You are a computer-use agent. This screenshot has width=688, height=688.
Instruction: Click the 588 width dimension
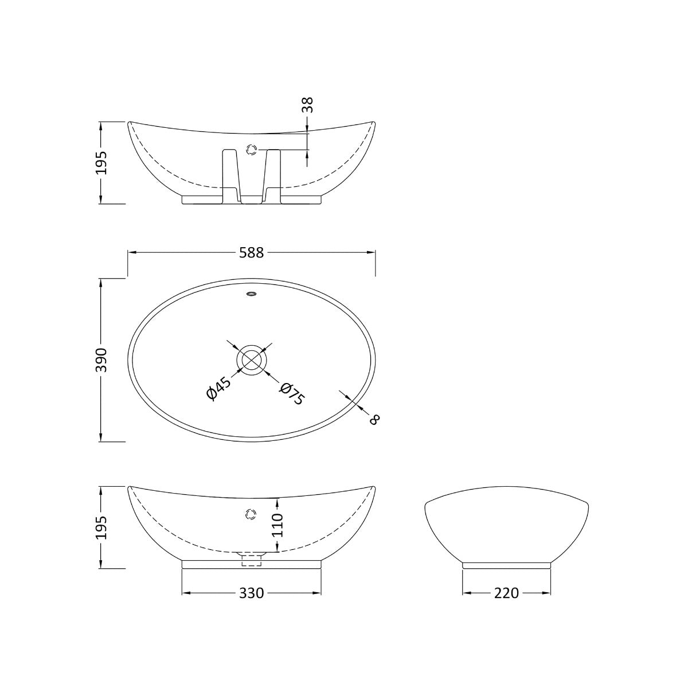point(252,252)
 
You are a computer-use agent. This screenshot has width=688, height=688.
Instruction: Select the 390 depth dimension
point(101,360)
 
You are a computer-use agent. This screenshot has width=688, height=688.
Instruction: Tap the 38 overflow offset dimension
point(308,104)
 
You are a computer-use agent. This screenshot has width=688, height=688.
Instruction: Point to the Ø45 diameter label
point(218,388)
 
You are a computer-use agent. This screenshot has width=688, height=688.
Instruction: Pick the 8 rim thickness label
point(374,419)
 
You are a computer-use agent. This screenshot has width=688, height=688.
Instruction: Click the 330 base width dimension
point(252,593)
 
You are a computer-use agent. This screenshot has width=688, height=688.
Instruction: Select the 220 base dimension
point(507,593)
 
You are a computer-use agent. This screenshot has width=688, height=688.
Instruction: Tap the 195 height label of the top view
point(101,162)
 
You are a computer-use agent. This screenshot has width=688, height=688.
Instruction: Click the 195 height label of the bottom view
point(101,527)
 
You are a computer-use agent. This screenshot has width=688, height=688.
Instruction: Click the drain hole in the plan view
point(251,359)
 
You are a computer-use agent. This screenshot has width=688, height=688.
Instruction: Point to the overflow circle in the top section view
point(251,150)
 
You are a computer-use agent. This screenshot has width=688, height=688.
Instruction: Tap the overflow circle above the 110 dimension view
point(250,514)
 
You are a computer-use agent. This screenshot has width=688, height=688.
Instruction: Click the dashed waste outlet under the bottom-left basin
point(251,560)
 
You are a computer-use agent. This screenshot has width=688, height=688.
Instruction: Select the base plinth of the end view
point(507,565)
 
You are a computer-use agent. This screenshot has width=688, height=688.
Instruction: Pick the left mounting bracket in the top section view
point(230,175)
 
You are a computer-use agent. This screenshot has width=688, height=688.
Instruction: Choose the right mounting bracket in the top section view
point(272,175)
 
